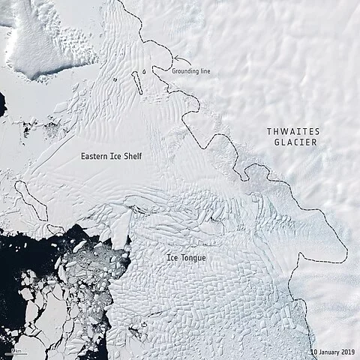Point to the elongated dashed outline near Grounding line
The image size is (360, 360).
pos(139,82)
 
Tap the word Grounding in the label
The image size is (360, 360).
pos(184,70)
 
